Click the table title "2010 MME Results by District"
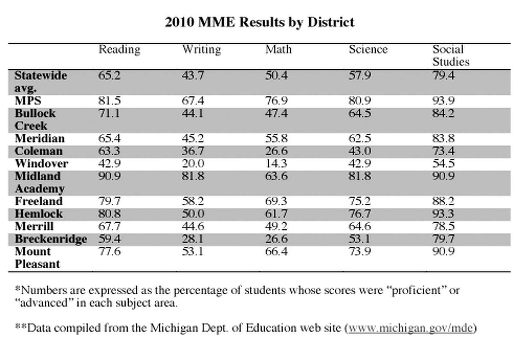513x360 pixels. click(260, 22)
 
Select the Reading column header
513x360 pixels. click(119, 50)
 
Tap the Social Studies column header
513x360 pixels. click(451, 56)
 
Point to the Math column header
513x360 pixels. click(278, 50)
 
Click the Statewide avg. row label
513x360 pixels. click(41, 82)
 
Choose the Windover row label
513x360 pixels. click(41, 164)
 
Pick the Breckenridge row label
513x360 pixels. click(51, 239)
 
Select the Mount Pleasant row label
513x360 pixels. click(37, 258)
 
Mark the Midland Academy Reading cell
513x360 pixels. click(109, 176)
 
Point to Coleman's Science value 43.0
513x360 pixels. click(360, 151)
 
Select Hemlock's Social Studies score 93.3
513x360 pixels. click(444, 214)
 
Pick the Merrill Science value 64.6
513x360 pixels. click(360, 227)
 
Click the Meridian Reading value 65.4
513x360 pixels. click(109, 139)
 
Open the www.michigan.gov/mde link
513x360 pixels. click(411, 328)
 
